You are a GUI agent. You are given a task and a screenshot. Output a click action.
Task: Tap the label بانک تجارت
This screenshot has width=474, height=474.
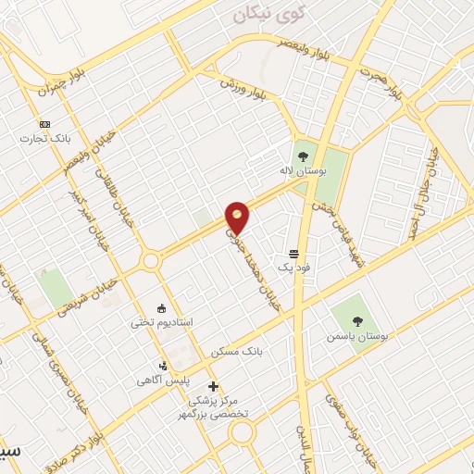coord(43,139)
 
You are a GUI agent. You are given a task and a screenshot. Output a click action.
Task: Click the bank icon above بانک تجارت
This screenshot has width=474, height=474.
coord(44,124)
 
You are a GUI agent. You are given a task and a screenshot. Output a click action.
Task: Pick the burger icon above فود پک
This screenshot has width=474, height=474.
coord(293,252)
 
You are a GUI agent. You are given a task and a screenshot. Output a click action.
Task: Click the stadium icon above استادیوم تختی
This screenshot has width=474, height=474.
coord(163,307)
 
